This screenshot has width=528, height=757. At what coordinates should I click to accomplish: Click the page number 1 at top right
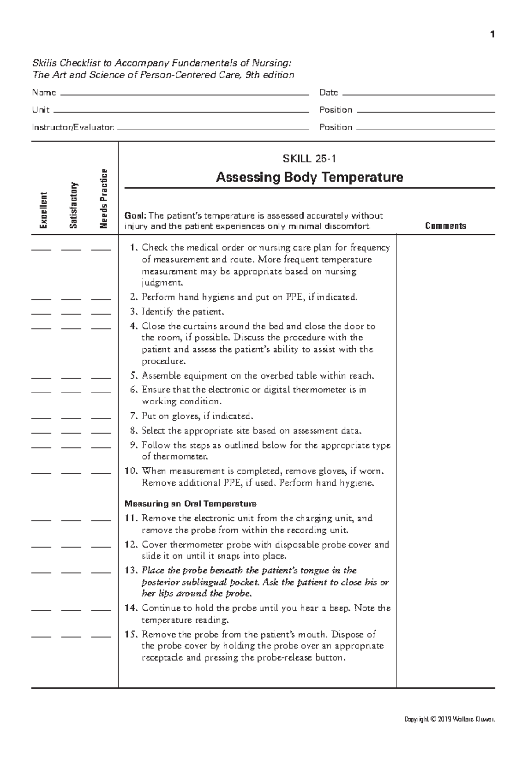(x=492, y=34)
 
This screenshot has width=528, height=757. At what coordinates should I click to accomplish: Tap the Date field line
(x=418, y=94)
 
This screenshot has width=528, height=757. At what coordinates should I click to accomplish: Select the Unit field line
(x=180, y=111)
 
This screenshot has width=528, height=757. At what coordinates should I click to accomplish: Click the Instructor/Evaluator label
(x=73, y=127)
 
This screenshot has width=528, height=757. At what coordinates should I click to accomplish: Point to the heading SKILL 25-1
(x=310, y=159)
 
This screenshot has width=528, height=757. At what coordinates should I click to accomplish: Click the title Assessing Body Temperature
(x=310, y=177)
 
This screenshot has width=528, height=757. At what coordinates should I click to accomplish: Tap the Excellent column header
(x=43, y=210)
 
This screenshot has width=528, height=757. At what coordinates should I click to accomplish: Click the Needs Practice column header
(x=104, y=199)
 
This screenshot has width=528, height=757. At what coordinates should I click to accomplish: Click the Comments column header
(x=446, y=226)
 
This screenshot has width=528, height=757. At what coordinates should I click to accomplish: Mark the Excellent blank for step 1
(x=41, y=249)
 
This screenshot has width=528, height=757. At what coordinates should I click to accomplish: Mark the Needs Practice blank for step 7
(x=101, y=417)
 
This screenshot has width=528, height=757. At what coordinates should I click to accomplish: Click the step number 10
(x=131, y=471)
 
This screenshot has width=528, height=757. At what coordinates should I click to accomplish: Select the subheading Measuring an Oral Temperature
(x=190, y=504)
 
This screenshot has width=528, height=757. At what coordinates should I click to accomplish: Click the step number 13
(x=131, y=571)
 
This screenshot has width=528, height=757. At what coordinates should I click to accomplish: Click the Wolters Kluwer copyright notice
(x=450, y=720)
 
